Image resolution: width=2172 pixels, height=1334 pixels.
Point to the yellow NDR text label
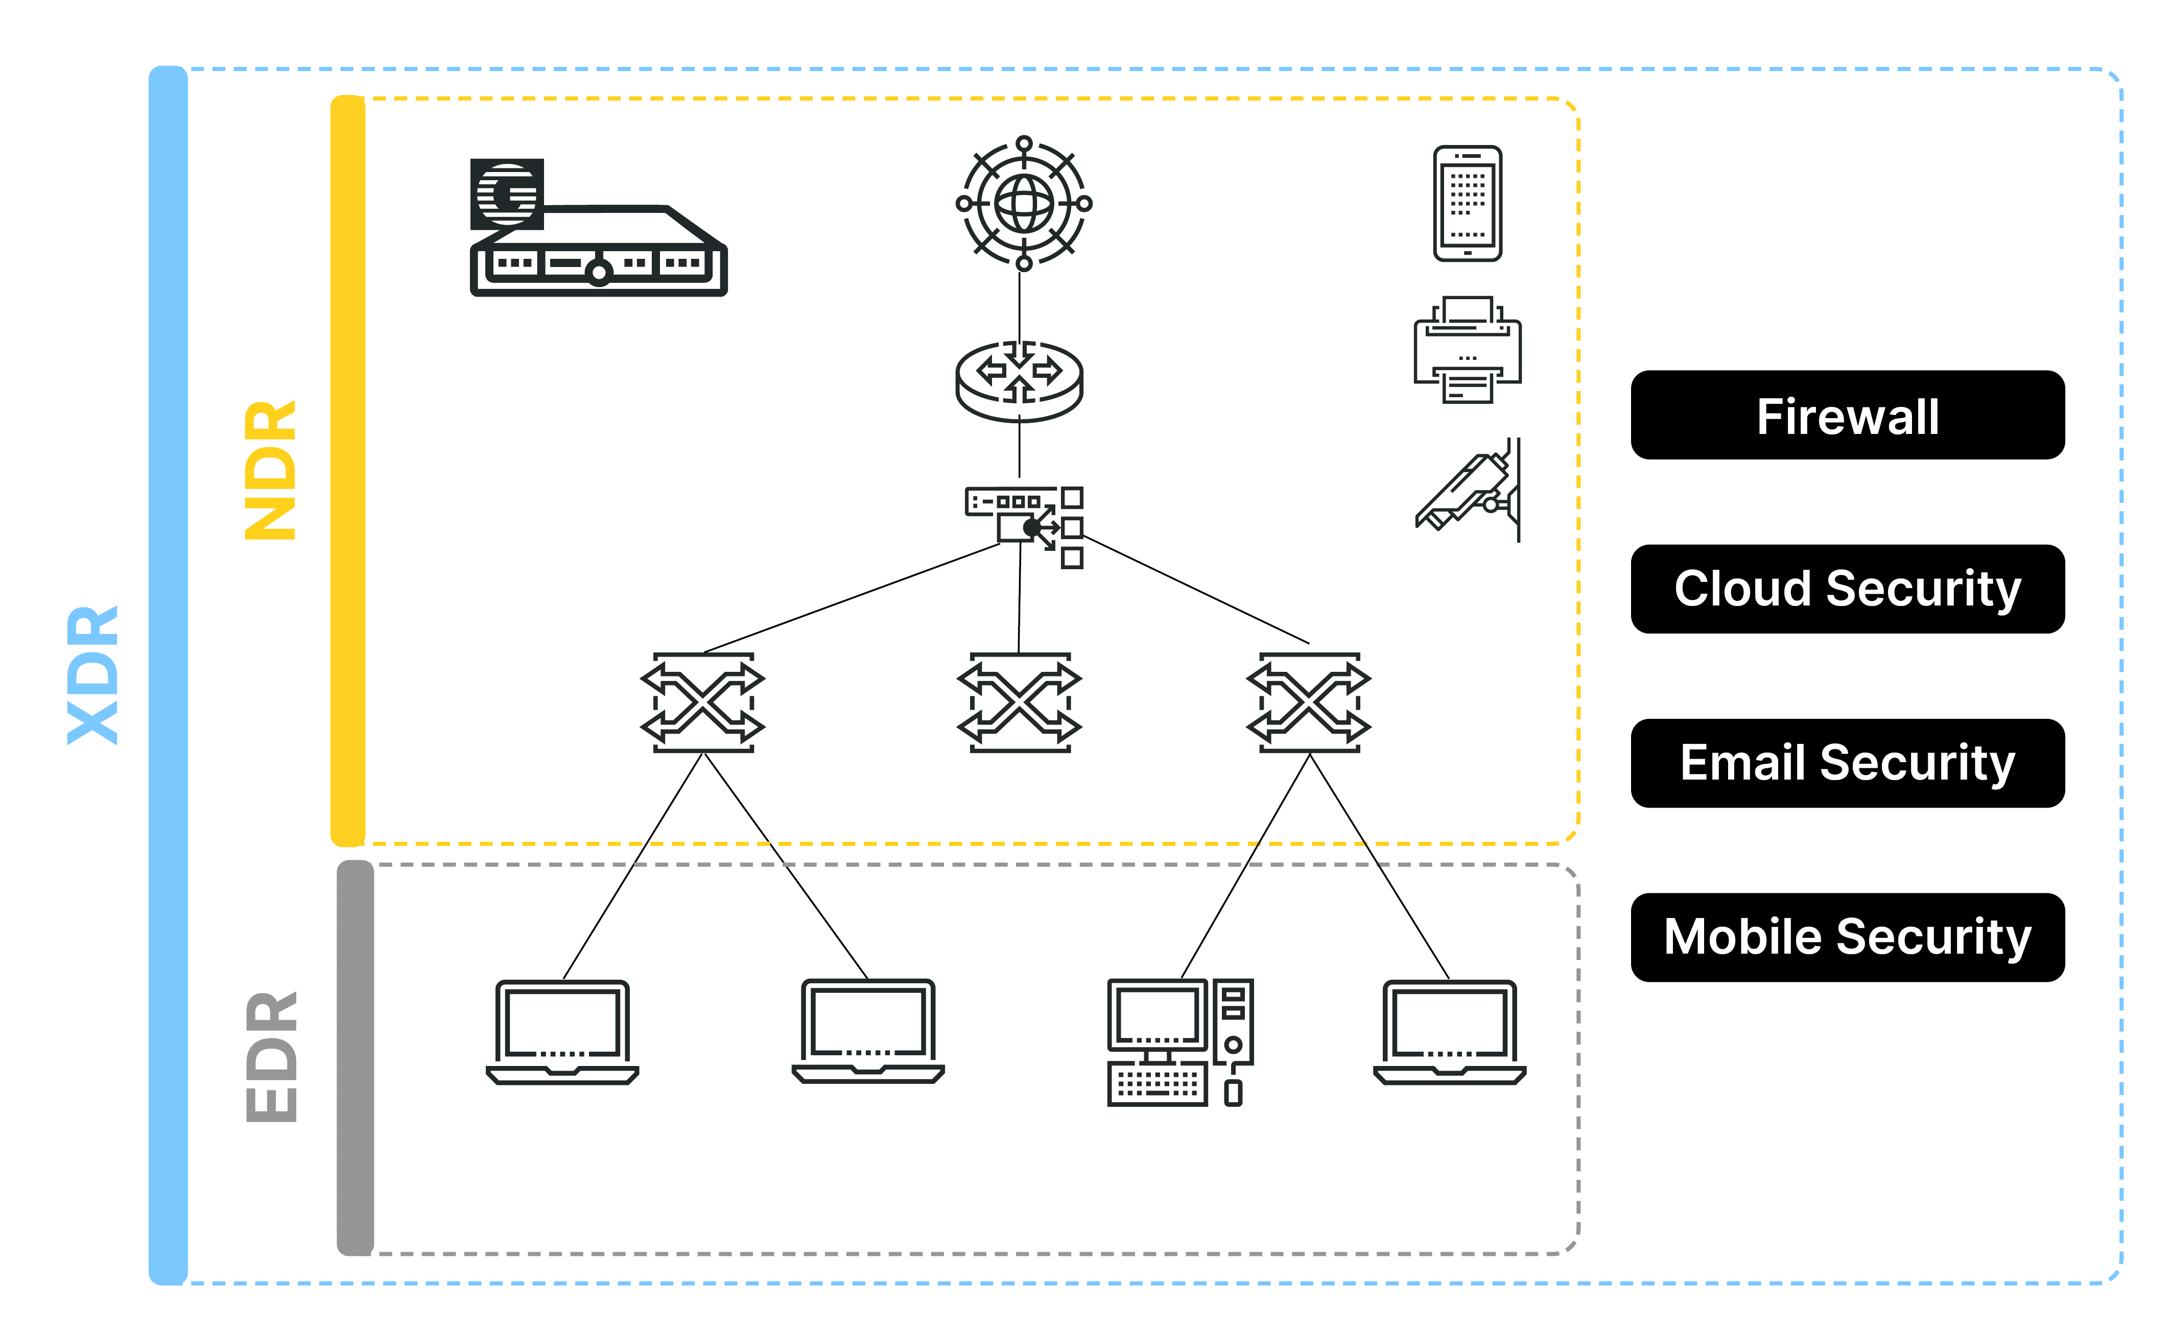pos(270,470)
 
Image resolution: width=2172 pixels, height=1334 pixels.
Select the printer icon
pos(1467,350)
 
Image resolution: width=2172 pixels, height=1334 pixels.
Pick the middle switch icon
pos(1020,703)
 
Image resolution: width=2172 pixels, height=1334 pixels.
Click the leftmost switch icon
pos(702,703)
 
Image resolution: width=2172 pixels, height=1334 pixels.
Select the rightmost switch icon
pos(1309,703)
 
